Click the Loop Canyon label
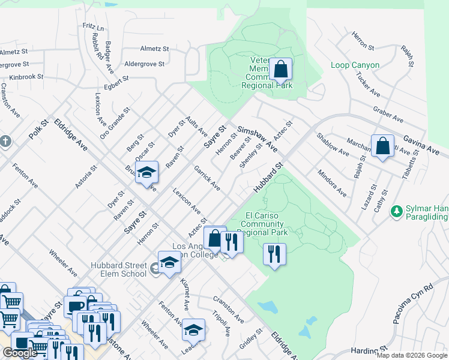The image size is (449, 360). (x=355, y=65)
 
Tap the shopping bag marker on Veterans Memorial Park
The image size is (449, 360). (x=280, y=70)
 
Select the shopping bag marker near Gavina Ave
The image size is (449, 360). (x=382, y=146)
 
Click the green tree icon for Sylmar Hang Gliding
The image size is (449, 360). (x=396, y=211)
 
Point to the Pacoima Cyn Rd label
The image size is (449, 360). (x=413, y=304)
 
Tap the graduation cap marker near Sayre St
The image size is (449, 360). (x=146, y=173)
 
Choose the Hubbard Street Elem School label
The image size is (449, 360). (x=118, y=269)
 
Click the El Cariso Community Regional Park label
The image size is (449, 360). (x=263, y=224)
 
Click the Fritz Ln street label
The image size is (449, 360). (x=94, y=28)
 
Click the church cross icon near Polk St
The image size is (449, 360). (x=5, y=142)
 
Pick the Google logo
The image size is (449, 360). (x=20, y=353)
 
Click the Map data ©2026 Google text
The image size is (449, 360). (x=411, y=355)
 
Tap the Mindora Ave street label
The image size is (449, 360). (x=332, y=184)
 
